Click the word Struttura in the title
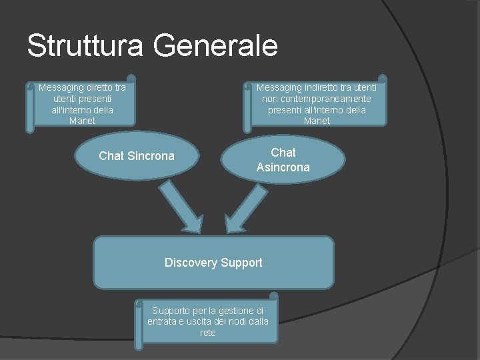coord(85,45)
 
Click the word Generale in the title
coord(215,45)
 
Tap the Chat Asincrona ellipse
coord(283,160)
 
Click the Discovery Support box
coord(213,263)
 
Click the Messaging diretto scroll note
coord(82,104)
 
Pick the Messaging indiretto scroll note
coord(317,104)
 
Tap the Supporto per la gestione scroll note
coord(208,321)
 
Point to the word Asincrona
coord(283,167)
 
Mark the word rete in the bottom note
coord(208,333)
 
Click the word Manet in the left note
coord(82,121)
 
